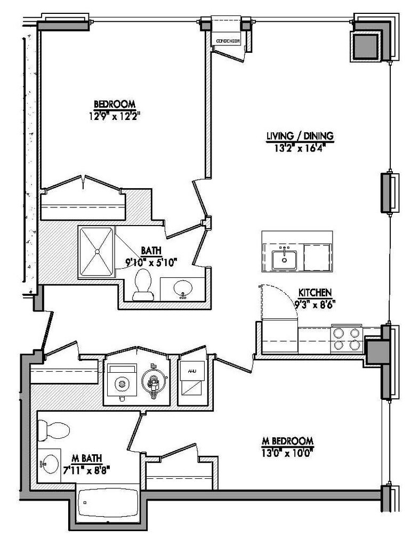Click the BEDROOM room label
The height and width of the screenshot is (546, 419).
(114, 104)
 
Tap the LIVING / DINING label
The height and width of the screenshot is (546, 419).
(300, 136)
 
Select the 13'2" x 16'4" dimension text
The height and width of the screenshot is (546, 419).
(300, 147)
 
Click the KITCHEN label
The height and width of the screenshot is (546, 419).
(315, 293)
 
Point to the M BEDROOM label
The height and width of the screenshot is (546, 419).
(287, 441)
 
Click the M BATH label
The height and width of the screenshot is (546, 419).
(86, 457)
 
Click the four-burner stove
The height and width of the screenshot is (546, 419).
(346, 338)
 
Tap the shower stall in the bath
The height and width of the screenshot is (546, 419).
(96, 251)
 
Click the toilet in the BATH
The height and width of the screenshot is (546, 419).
(142, 283)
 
